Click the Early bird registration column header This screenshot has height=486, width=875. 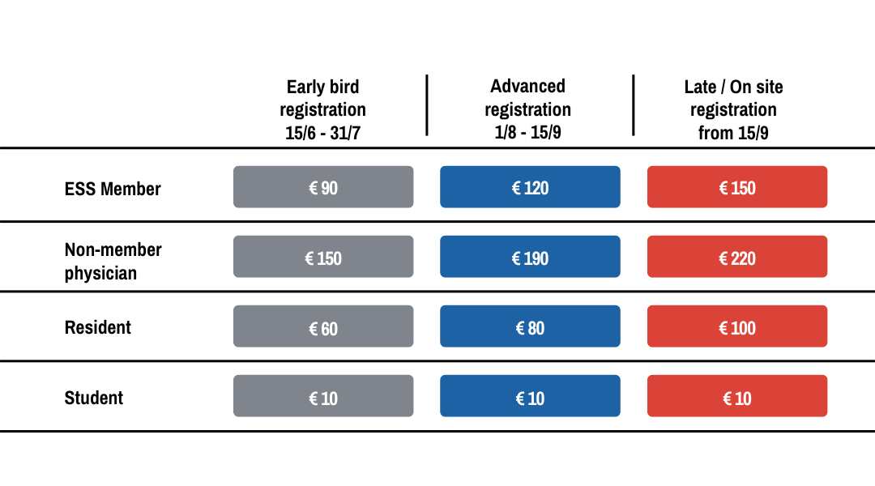[322, 109]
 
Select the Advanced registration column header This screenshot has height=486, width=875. [528, 109]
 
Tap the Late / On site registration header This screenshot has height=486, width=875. [733, 109]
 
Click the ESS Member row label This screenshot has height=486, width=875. [113, 189]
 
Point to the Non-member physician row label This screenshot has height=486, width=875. [113, 261]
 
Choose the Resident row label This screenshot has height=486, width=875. [98, 327]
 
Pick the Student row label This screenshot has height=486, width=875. [94, 398]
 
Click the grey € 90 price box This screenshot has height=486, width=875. [323, 187]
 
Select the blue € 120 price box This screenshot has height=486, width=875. [530, 187]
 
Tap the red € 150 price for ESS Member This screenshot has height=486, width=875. [737, 187]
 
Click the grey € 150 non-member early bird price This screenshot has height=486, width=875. [323, 257]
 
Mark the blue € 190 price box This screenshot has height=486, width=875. [530, 257]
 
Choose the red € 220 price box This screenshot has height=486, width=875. [737, 257]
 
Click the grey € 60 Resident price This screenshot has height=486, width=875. [323, 326]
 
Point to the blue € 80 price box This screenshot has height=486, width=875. [530, 326]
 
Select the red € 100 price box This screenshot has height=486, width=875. [737, 326]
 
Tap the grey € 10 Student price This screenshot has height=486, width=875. [323, 396]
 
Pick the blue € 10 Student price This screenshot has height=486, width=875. [530, 396]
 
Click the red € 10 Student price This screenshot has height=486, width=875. [737, 396]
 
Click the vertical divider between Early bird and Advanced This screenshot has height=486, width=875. [427, 105]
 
